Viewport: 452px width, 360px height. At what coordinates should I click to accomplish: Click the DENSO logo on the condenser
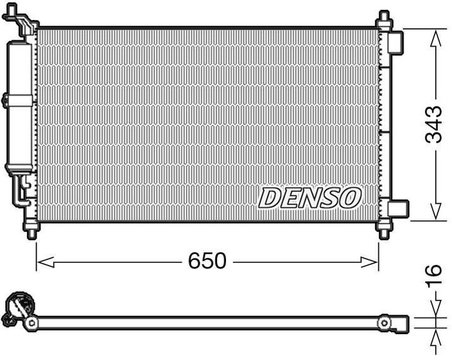pos(310,197)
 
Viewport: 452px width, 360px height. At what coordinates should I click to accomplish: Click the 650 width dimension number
pos(207,261)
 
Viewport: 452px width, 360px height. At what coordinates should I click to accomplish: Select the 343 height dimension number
pos(434,125)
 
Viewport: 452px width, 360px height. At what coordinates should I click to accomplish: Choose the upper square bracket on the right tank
pos(396,42)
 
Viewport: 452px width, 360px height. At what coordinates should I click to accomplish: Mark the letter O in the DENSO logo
pos(349,197)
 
